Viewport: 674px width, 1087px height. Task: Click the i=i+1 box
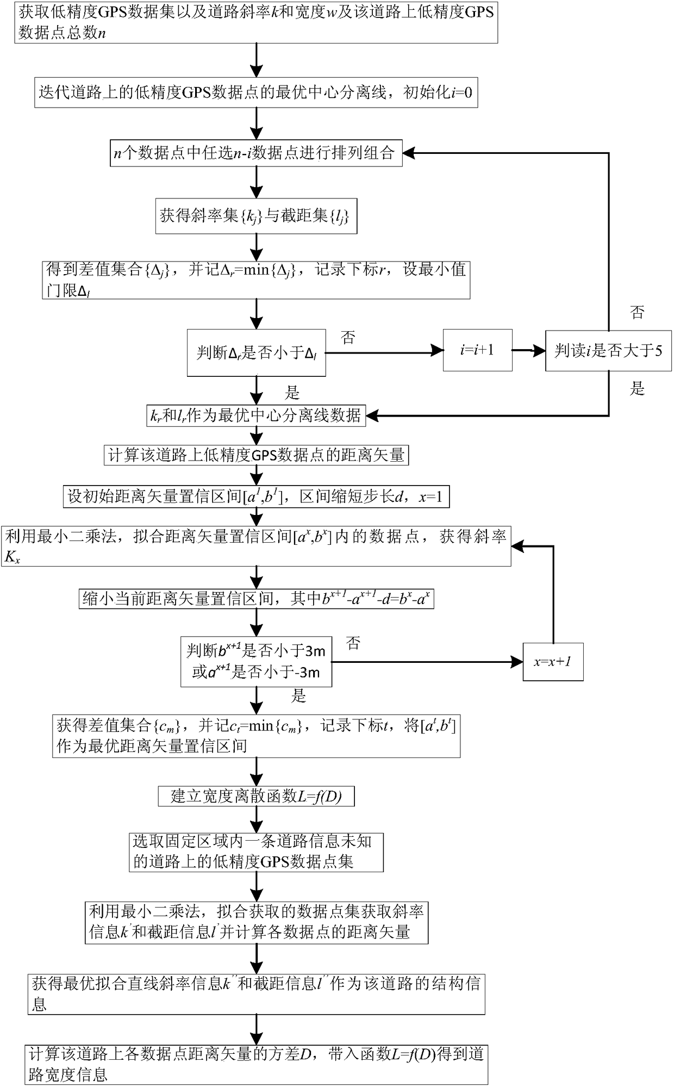[477, 350]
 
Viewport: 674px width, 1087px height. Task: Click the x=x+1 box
[553, 662]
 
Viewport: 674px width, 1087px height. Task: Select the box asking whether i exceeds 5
[608, 351]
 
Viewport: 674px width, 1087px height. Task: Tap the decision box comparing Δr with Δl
[256, 352]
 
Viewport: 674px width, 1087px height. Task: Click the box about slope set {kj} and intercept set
[256, 216]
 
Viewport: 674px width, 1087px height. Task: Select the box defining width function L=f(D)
[256, 797]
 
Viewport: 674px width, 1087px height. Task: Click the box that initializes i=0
[256, 92]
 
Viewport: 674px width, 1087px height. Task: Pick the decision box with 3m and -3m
[256, 661]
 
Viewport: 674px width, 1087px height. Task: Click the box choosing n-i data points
[256, 153]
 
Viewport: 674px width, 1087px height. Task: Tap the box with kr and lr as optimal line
[256, 416]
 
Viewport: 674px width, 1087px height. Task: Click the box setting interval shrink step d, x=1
[256, 496]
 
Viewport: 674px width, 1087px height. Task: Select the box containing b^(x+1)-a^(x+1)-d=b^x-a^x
[256, 599]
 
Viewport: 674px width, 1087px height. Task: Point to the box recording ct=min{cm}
[256, 736]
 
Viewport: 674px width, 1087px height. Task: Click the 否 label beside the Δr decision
[348, 338]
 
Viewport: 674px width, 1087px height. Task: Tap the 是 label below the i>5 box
[637, 388]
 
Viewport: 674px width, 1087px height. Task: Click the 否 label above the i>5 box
[637, 312]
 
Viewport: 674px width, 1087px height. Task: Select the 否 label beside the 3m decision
[353, 644]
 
